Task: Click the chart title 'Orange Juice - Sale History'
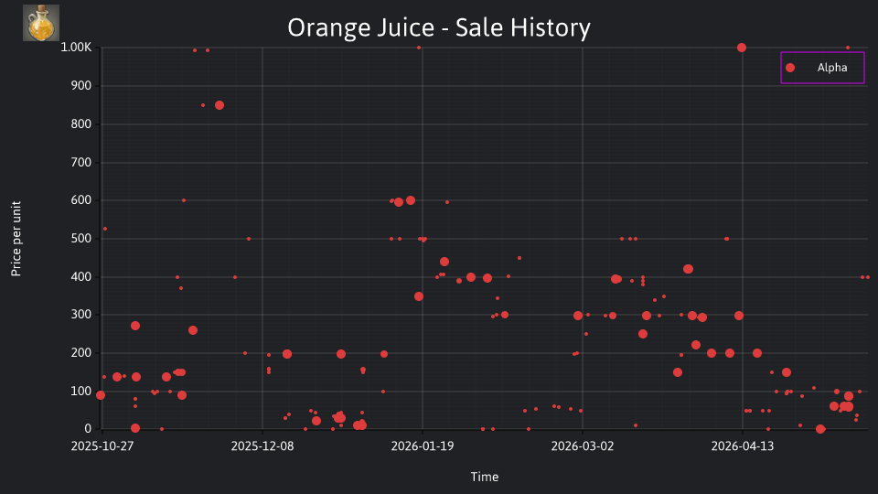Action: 439,27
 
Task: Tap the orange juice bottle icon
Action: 41,23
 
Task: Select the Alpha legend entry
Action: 822,68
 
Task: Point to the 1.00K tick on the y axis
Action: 76,47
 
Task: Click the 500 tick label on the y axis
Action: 81,238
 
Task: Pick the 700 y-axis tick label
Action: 81,162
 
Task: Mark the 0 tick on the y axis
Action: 88,428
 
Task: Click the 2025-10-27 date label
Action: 102,446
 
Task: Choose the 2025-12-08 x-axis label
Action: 262,446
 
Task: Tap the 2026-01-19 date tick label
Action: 423,446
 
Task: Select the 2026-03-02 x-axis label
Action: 583,446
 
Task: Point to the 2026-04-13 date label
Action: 743,446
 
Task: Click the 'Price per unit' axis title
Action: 16,239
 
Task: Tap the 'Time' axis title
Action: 485,477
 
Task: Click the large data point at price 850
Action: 219,105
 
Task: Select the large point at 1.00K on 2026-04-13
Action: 742,48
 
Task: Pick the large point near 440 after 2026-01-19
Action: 444,262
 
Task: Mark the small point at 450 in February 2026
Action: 519,258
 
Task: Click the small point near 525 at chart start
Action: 105,229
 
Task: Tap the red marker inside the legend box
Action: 790,68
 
